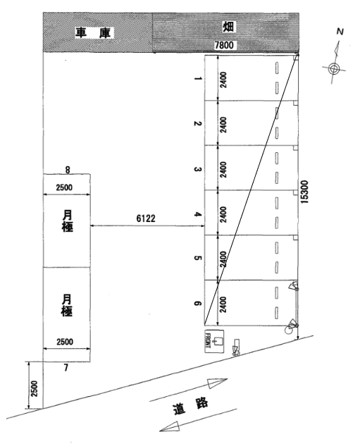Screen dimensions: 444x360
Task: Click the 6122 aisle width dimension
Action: click(147, 219)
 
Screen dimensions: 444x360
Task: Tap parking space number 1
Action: click(198, 80)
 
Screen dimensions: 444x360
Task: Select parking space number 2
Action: click(198, 124)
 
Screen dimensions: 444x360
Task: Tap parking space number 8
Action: click(67, 169)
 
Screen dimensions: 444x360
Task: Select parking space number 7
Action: click(66, 368)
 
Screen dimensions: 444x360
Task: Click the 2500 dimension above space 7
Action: click(66, 342)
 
